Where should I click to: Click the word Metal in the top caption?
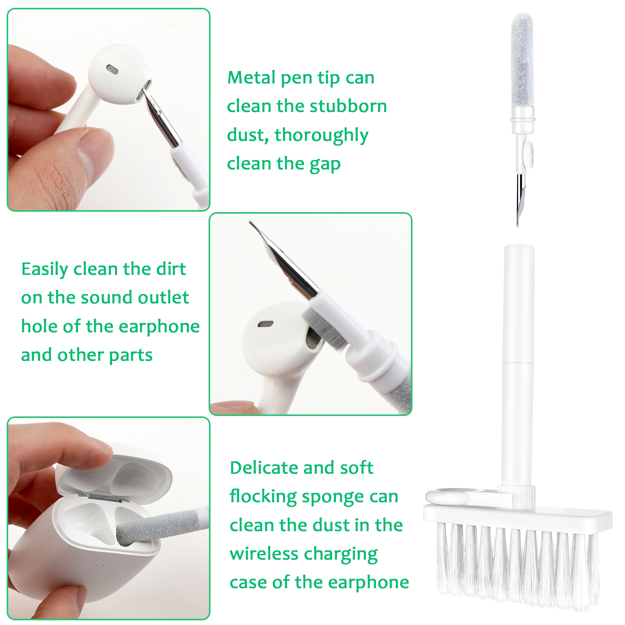[x=252, y=77]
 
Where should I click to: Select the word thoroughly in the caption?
[x=321, y=136]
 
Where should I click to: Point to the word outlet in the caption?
[x=163, y=297]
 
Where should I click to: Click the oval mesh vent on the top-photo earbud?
[x=112, y=69]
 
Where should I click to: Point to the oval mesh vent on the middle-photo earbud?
[x=265, y=324]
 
